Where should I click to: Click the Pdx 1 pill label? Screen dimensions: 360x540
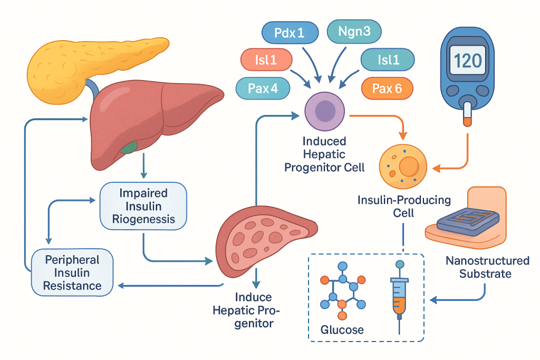[290, 33]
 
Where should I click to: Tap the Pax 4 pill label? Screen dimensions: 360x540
[263, 88]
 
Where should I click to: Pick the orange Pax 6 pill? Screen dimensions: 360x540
[387, 88]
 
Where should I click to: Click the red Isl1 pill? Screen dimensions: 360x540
[266, 60]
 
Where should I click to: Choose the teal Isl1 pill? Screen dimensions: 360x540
[389, 60]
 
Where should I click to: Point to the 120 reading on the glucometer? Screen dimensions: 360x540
[468, 61]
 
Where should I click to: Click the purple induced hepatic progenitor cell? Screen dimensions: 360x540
[325, 112]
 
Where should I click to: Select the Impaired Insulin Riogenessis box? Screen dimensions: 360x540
[143, 206]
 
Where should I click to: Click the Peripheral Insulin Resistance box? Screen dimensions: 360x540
[72, 273]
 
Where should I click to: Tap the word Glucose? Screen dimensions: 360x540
[342, 330]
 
